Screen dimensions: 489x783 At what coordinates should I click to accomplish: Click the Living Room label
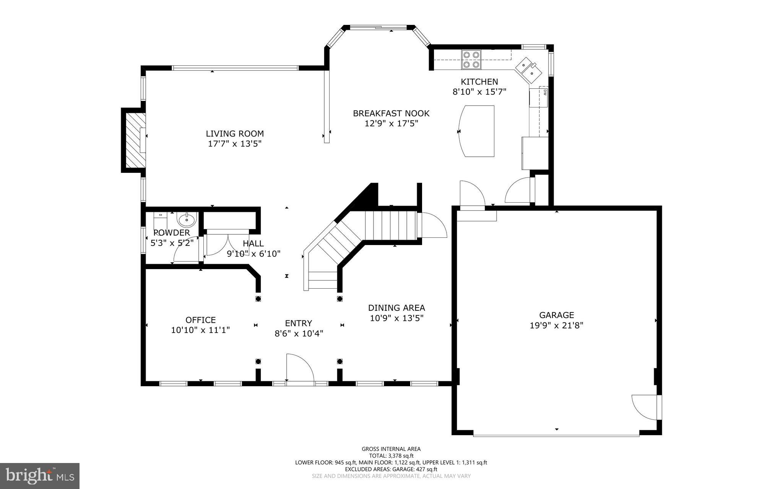click(x=235, y=134)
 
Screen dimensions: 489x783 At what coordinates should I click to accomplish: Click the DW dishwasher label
click(x=544, y=92)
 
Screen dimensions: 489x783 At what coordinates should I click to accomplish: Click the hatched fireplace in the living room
click(x=133, y=140)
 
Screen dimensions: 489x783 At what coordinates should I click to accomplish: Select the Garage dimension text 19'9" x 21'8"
click(x=556, y=325)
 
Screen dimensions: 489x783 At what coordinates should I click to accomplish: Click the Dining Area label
click(x=396, y=308)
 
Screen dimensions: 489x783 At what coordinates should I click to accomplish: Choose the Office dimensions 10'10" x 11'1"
click(x=200, y=330)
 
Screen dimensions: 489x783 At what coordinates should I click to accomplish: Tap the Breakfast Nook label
click(x=391, y=114)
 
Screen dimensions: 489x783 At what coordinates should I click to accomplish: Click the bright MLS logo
click(x=40, y=476)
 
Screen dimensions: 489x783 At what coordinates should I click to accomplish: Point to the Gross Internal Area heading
click(x=391, y=449)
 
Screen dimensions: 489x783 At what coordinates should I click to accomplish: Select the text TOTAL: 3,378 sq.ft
click(x=391, y=456)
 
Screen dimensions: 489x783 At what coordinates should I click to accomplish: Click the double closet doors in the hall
click(x=227, y=245)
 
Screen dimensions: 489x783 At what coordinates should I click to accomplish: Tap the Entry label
click(x=299, y=323)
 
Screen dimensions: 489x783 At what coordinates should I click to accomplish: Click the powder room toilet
click(x=161, y=219)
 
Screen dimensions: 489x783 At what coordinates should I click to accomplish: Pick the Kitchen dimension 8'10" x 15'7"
click(x=479, y=92)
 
